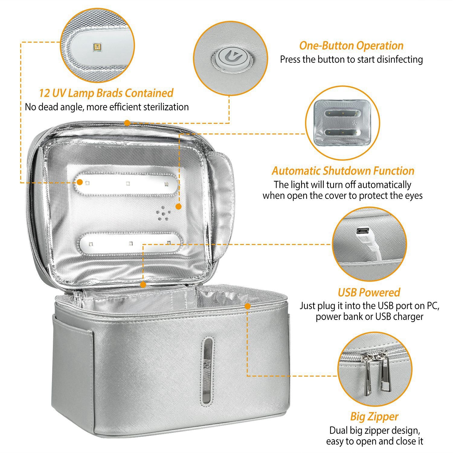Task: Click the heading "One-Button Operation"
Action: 351,46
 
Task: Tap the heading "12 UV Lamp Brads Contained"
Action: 106,93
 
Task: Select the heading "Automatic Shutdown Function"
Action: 343,171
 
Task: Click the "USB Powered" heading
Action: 369,292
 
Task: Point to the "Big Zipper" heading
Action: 374,417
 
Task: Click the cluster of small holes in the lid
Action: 163,213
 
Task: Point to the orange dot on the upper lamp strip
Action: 80,182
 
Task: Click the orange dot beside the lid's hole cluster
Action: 178,207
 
